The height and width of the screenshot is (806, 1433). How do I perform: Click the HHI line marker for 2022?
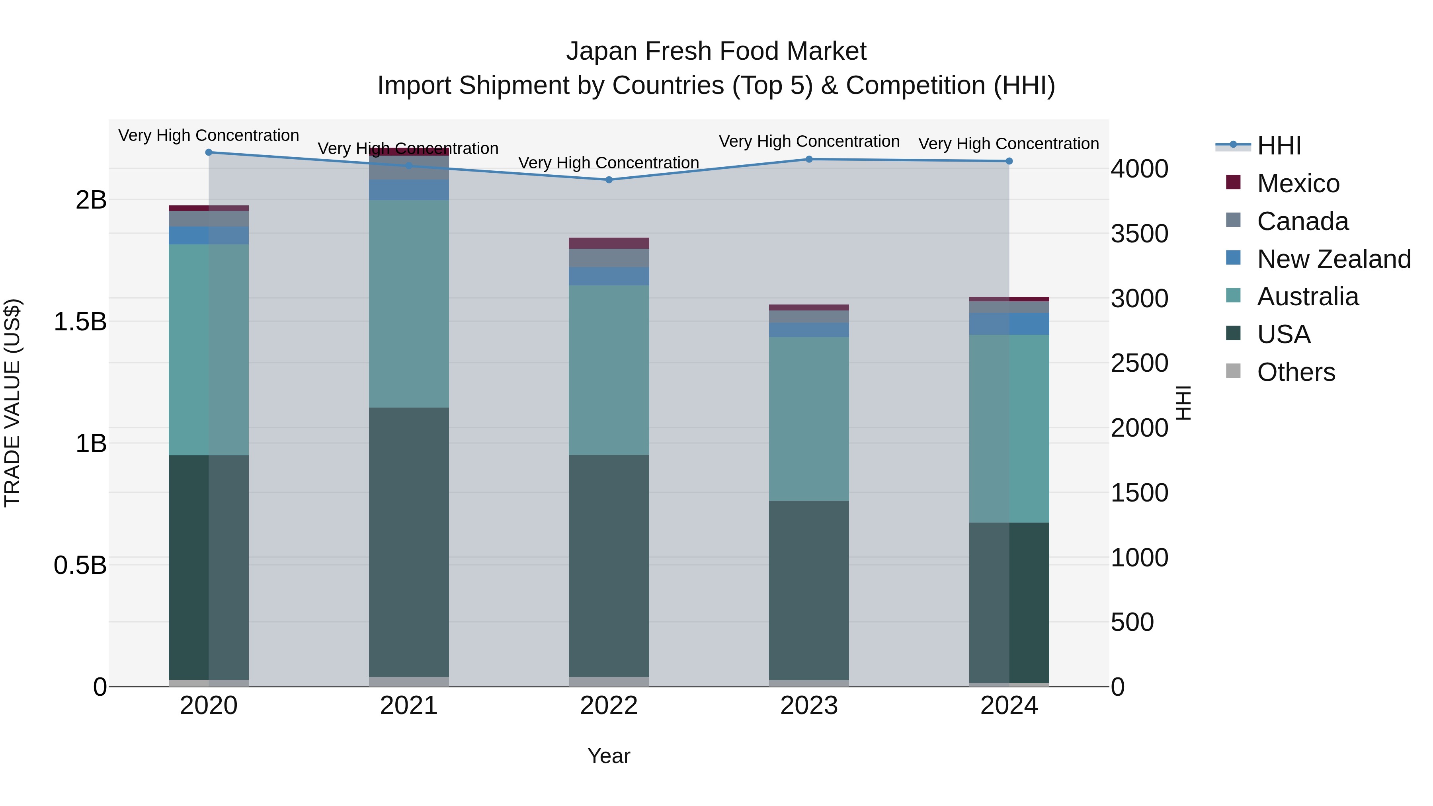click(x=609, y=180)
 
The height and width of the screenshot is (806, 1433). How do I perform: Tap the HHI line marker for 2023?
click(x=809, y=159)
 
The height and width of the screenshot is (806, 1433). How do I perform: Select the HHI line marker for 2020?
click(x=209, y=152)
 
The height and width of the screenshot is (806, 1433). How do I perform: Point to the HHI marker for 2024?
click(x=1009, y=161)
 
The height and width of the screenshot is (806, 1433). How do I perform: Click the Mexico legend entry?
click(x=1298, y=183)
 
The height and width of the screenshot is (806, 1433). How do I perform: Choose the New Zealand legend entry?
click(x=1333, y=259)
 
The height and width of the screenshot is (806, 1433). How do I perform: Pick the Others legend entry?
click(x=1296, y=372)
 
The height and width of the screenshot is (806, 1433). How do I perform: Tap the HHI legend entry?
click(x=1278, y=146)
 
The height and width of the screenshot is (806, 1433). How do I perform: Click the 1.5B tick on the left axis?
click(x=80, y=322)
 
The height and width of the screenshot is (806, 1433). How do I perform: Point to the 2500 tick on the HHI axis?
click(x=1139, y=363)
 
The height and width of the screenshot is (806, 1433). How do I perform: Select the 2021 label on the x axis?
click(x=409, y=705)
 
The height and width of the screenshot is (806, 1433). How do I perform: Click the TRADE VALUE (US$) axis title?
click(x=12, y=403)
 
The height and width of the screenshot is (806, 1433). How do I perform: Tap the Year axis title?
click(x=609, y=756)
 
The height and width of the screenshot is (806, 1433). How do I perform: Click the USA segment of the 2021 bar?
click(x=409, y=543)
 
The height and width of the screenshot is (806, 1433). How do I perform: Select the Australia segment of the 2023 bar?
click(x=809, y=418)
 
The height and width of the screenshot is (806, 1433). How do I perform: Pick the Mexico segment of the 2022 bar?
click(x=609, y=243)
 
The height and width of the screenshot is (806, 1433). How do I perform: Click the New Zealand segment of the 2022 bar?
click(x=609, y=277)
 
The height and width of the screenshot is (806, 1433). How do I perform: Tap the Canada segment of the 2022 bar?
click(x=609, y=258)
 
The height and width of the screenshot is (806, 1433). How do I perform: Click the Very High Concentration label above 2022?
click(x=609, y=163)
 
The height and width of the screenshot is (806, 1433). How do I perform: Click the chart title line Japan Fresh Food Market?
click(x=716, y=51)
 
